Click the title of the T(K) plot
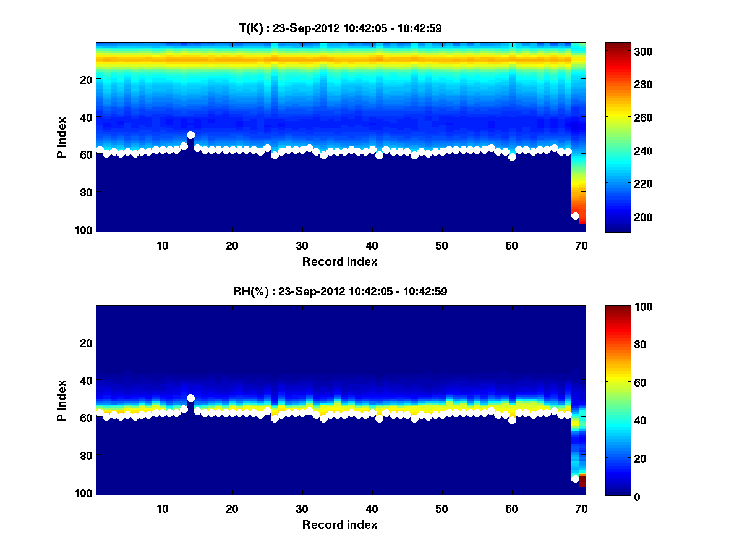click(340, 28)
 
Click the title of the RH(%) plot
click(340, 291)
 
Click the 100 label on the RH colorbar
click(621, 307)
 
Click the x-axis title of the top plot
click(340, 261)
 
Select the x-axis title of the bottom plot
click(340, 524)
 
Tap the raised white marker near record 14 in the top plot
click(190, 135)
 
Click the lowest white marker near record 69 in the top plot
click(575, 216)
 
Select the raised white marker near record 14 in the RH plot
click(190, 398)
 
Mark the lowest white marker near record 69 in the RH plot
click(575, 479)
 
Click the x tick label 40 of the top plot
click(372, 245)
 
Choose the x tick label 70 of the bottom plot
click(581, 508)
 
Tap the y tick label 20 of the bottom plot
click(86, 343)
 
